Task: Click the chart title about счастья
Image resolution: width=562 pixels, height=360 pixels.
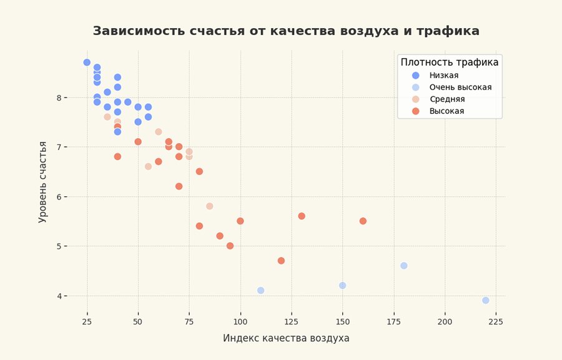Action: coord(286,31)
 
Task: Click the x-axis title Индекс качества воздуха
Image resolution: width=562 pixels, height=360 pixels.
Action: coord(286,338)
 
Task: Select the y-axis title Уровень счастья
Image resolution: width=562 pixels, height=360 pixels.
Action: coord(43,182)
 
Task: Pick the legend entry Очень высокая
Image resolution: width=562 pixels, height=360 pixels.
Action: coord(465,87)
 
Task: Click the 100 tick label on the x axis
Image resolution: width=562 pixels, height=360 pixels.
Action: coord(240,321)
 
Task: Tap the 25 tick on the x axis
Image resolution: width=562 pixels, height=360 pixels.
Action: coord(87,321)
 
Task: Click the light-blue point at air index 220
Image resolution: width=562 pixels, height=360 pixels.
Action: coord(486,301)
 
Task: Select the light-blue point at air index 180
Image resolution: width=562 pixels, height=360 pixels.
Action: coord(404,266)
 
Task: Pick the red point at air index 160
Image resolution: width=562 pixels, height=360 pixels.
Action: coord(363,221)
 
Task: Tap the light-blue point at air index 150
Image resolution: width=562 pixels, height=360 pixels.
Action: coord(342,286)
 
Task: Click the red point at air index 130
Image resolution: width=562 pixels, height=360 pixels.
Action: coord(302,216)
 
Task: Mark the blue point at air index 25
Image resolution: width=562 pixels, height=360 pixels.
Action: coord(87,62)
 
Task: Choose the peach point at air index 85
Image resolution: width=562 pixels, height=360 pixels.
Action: coord(210,206)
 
